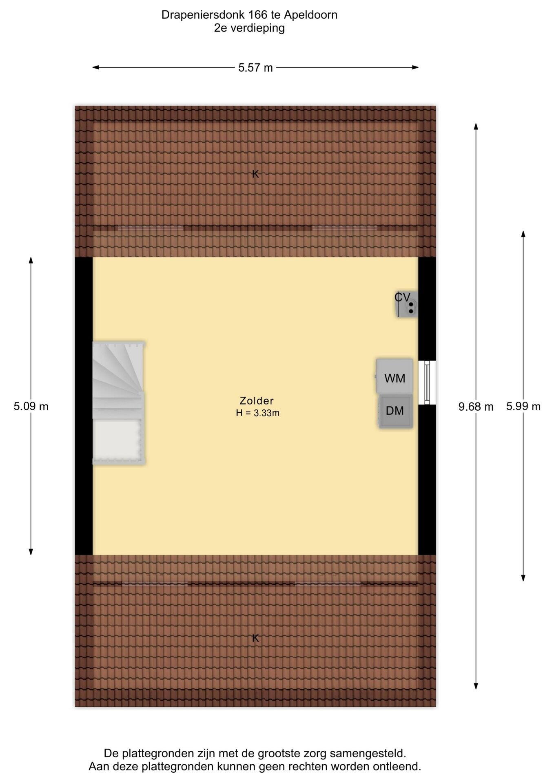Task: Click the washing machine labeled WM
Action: tap(394, 376)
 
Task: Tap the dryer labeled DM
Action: tap(396, 411)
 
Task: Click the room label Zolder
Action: tap(257, 400)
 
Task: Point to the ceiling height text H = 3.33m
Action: tap(257, 413)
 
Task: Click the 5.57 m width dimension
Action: tap(255, 68)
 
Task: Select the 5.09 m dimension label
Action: tap(31, 406)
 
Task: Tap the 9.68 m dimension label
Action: tap(476, 407)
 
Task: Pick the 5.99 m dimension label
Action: tap(523, 406)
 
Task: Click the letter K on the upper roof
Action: tap(255, 174)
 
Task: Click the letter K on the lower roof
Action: tap(255, 638)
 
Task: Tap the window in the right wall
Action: tap(427, 382)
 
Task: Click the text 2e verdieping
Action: tap(249, 28)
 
